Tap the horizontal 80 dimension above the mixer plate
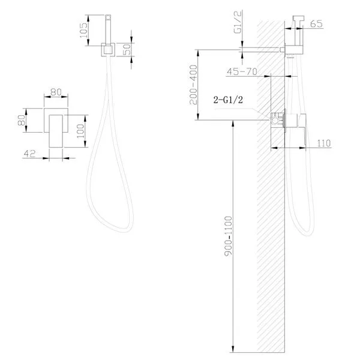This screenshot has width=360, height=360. pos(56,92)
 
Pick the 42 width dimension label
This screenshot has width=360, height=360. pos(29,153)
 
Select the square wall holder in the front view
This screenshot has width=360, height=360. pos(109,50)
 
